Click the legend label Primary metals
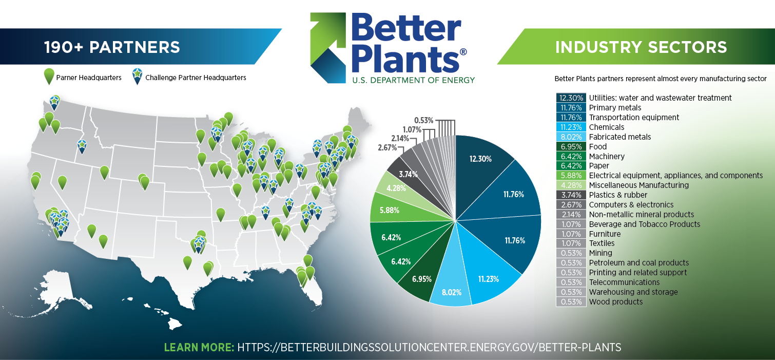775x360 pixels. pyautogui.click(x=615, y=108)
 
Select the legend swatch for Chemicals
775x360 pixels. pyautogui.click(x=571, y=127)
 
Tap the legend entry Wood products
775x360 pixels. pyautogui.click(x=615, y=302)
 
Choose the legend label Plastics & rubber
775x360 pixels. pyautogui.click(x=618, y=195)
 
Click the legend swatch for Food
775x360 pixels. pyautogui.click(x=571, y=146)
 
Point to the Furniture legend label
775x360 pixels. pyautogui.click(x=605, y=234)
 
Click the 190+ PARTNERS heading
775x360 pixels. pyautogui.click(x=112, y=47)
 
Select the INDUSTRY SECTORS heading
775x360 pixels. pyautogui.click(x=641, y=47)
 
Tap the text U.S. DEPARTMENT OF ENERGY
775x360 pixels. pyautogui.click(x=414, y=80)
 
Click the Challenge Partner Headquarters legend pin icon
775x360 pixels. pyautogui.click(x=138, y=76)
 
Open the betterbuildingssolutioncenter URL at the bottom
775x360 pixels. pyautogui.click(x=429, y=347)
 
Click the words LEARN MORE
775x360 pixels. pyautogui.click(x=199, y=347)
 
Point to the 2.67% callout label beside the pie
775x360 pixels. pyautogui.click(x=387, y=148)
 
